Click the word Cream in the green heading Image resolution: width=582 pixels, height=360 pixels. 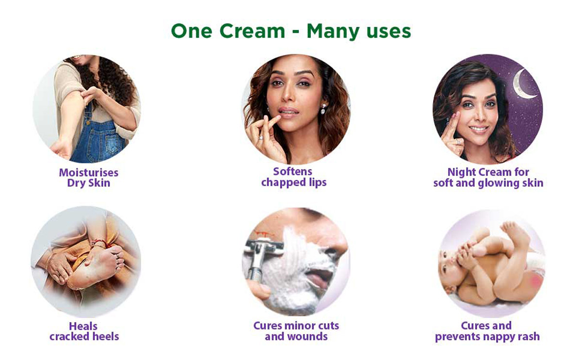pyautogui.click(x=252, y=31)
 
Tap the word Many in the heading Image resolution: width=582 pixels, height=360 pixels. pyautogui.click(x=333, y=32)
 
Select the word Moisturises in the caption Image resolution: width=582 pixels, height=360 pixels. pyautogui.click(x=89, y=173)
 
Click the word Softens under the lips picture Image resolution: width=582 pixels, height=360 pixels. pyautogui.click(x=293, y=172)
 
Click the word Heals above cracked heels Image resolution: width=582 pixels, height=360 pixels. pyautogui.click(x=83, y=326)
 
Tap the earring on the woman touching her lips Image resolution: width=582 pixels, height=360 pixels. pyautogui.click(x=323, y=109)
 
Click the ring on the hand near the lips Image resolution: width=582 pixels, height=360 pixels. pyautogui.click(x=260, y=137)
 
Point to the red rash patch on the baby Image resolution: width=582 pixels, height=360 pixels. pyautogui.click(x=536, y=281)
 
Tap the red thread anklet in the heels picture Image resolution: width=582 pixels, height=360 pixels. pyautogui.click(x=99, y=243)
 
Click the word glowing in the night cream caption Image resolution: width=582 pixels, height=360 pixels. pyautogui.click(x=499, y=183)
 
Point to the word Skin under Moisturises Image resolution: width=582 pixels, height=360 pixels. pyautogui.click(x=99, y=183)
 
